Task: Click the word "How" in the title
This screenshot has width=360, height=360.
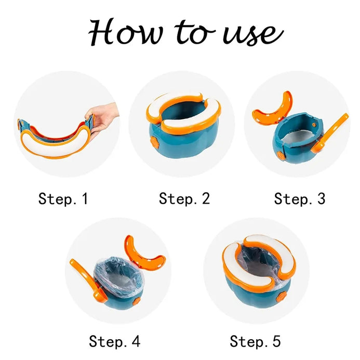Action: pyautogui.click(x=126, y=32)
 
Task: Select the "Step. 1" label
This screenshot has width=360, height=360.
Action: pyautogui.click(x=63, y=198)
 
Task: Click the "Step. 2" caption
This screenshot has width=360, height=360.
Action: pyautogui.click(x=184, y=198)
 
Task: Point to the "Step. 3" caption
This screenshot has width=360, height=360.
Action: pyautogui.click(x=300, y=198)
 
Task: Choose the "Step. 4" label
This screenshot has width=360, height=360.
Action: pyautogui.click(x=115, y=341)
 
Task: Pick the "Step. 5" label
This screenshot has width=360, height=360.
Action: pyautogui.click(x=255, y=341)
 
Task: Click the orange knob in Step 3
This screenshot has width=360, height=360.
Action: pyautogui.click(x=280, y=156)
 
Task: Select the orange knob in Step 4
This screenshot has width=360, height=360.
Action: pyautogui.click(x=137, y=301)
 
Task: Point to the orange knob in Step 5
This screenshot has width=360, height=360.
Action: pyautogui.click(x=281, y=297)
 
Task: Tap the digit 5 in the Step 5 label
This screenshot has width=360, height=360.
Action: pyautogui.click(x=277, y=341)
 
